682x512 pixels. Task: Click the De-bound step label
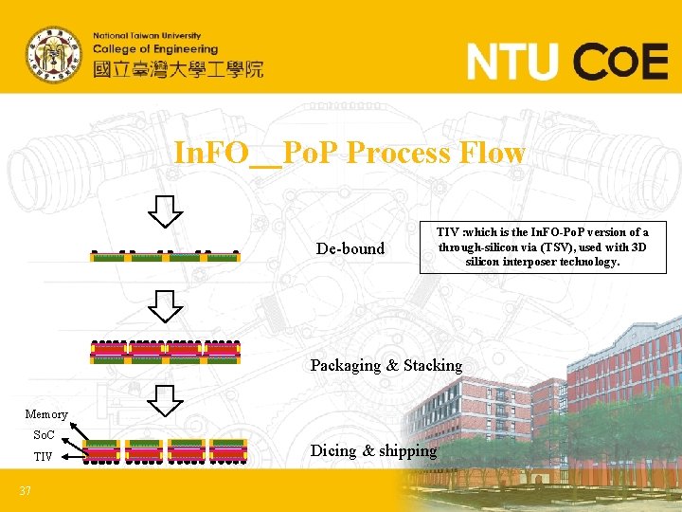tap(350, 249)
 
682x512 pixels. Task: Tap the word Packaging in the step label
tap(346, 365)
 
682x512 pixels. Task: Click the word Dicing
tap(333, 451)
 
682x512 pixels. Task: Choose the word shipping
tap(408, 451)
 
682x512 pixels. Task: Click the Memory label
tap(46, 413)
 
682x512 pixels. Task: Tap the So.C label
tap(44, 435)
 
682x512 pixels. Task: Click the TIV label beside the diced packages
tap(44, 457)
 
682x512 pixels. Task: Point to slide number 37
tap(26, 490)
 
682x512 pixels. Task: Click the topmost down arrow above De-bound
tap(167, 211)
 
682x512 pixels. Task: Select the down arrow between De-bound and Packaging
tap(167, 305)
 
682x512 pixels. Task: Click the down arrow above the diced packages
tap(167, 402)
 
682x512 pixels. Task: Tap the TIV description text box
tap(542, 247)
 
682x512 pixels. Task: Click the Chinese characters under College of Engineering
tap(178, 68)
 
